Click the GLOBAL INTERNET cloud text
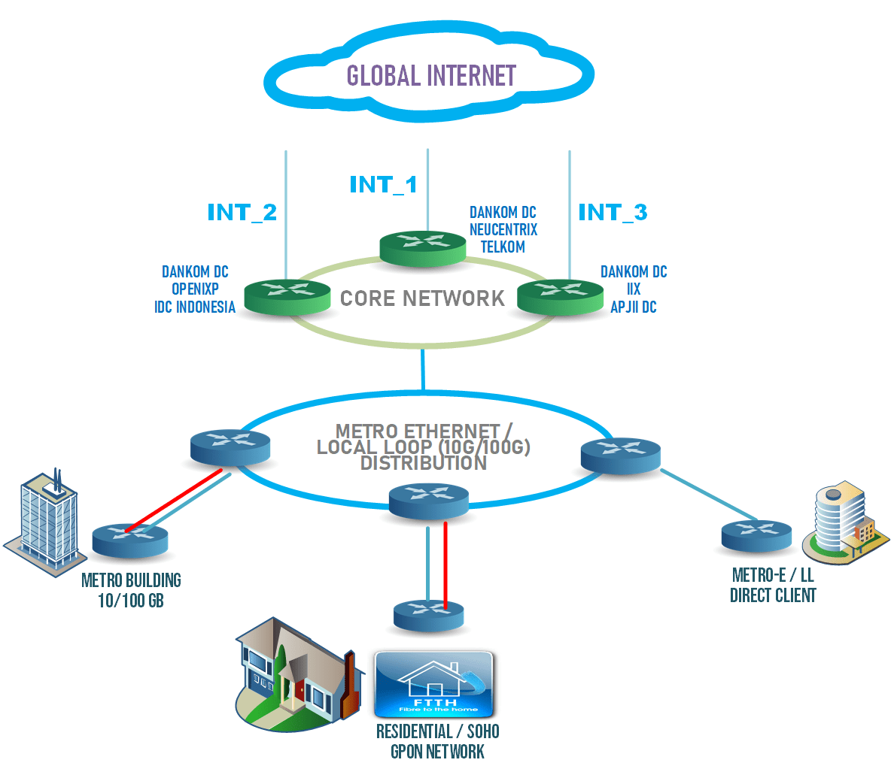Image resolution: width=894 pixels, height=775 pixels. click(x=431, y=76)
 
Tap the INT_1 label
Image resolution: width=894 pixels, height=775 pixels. click(x=383, y=184)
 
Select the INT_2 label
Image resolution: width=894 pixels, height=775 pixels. click(x=242, y=213)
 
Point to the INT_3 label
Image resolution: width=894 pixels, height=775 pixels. click(x=613, y=213)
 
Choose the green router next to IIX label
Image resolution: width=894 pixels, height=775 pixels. click(x=561, y=295)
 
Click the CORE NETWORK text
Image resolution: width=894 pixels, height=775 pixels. click(x=422, y=298)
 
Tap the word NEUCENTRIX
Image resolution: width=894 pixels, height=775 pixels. click(x=503, y=230)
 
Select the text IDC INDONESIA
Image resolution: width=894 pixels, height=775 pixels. click(x=195, y=307)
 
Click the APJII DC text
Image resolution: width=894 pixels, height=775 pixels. click(x=634, y=307)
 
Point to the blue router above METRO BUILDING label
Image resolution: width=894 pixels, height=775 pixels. click(x=130, y=540)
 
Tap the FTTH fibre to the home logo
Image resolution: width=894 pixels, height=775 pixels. click(x=434, y=685)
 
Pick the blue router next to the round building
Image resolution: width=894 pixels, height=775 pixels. click(x=756, y=534)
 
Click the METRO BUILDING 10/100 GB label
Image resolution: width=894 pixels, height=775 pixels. click(x=131, y=590)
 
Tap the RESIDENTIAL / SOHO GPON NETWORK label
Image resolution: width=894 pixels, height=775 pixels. click(x=437, y=741)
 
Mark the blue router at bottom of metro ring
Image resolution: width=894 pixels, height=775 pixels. click(x=428, y=501)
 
